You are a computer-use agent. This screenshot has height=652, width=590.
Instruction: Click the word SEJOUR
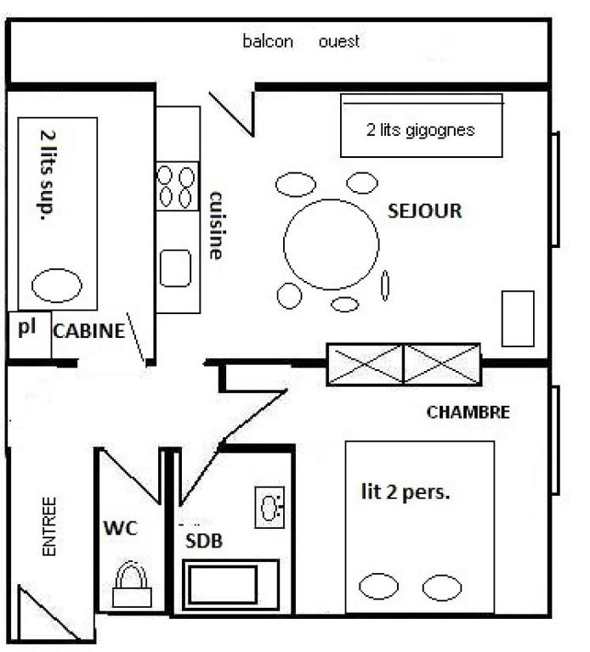tap(425, 211)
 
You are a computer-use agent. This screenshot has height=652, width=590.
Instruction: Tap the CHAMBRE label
tap(468, 412)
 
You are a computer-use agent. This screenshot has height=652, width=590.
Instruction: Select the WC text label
tap(121, 528)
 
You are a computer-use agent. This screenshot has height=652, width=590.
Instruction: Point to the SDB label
tap(204, 541)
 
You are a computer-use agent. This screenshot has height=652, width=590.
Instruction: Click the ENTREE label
tap(49, 526)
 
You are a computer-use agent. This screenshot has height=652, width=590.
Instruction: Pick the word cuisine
tap(217, 226)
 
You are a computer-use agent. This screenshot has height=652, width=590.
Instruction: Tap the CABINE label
tap(89, 331)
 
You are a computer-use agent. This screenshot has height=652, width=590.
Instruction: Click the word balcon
tap(268, 41)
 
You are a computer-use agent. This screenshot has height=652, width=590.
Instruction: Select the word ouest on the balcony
tap(339, 42)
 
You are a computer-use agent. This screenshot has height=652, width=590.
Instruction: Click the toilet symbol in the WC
tap(132, 584)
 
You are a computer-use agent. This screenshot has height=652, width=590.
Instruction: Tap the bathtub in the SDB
tap(230, 585)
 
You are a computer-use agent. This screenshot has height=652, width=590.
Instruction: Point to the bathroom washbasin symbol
tap(269, 508)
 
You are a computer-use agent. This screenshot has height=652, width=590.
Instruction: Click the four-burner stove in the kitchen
tap(177, 186)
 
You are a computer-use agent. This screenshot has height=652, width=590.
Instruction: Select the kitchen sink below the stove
tap(176, 268)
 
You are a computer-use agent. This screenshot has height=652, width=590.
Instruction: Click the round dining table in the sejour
tap(332, 244)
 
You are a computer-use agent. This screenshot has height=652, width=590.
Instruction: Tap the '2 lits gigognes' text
tap(421, 130)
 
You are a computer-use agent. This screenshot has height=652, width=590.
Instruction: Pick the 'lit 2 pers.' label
tap(406, 492)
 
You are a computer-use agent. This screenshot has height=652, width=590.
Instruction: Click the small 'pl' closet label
tap(27, 328)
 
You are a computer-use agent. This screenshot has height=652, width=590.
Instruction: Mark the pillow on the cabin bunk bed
tap(57, 285)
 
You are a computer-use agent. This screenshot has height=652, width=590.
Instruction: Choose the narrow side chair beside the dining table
tap(385, 285)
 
